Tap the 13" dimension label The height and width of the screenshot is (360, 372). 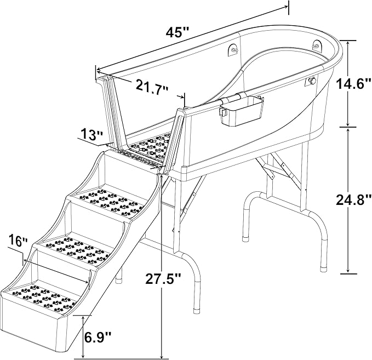tap(90, 134)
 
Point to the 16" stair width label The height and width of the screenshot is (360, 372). tap(17, 241)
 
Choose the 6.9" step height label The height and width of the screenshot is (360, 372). tap(98, 336)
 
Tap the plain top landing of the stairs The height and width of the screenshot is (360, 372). tap(126, 162)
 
